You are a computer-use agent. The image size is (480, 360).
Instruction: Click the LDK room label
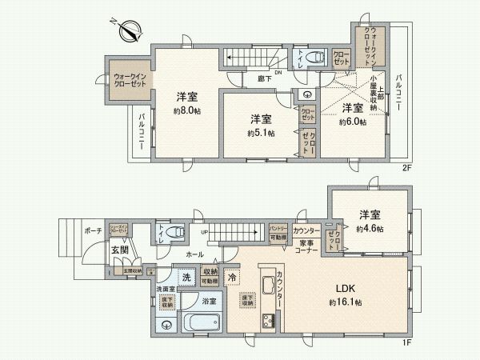pyautogui.click(x=345, y=289)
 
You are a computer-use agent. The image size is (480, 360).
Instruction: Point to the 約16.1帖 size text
pyautogui.click(x=345, y=302)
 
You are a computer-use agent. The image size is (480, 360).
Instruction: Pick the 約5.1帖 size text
pyautogui.click(x=261, y=133)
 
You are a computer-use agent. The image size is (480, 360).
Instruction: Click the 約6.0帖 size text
pyautogui.click(x=352, y=122)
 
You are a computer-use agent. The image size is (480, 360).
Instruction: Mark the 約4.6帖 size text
pyautogui.click(x=368, y=228)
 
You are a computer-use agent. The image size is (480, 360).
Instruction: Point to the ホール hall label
pyautogui.click(x=194, y=253)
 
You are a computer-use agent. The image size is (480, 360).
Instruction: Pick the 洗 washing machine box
pyautogui.click(x=186, y=277)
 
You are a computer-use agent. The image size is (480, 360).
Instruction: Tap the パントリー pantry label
pyautogui.click(x=278, y=228)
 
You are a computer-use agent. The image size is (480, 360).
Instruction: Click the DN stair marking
pyautogui.click(x=278, y=73)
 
